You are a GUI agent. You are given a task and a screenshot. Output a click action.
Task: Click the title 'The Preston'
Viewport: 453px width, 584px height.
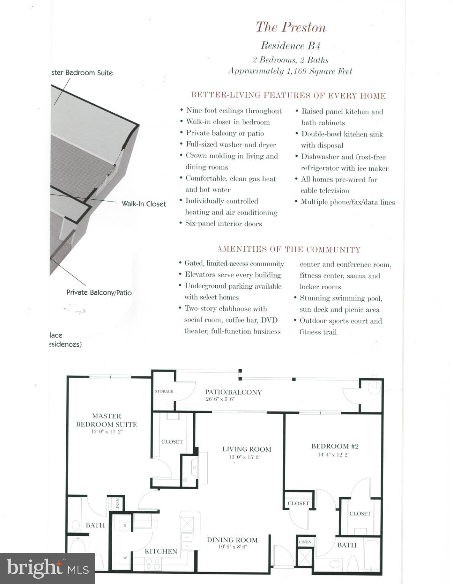tap(291, 27)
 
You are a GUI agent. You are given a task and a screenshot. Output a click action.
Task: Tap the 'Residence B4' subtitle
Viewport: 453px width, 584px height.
tap(291, 46)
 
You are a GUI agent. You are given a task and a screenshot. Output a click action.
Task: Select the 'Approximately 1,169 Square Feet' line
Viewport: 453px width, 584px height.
tap(290, 71)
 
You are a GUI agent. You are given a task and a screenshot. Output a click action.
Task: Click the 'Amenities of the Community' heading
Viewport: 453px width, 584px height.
tap(289, 249)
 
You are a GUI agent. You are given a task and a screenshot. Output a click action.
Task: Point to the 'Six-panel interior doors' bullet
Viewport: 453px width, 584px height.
tap(223, 224)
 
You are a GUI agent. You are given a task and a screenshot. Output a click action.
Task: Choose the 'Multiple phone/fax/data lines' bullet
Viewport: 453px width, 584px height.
tap(348, 202)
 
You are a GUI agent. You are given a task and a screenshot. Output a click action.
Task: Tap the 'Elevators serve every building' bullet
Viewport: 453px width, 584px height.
tap(233, 275)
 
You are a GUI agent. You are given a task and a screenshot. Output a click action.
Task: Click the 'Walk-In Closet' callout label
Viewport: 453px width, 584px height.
tap(143, 204)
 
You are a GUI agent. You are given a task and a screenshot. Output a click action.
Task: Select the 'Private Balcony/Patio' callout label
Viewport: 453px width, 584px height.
tap(99, 292)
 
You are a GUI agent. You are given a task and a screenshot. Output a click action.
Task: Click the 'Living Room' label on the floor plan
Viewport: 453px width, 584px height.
tap(246, 449)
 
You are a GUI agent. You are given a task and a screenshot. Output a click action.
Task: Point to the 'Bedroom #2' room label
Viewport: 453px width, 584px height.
tap(335, 446)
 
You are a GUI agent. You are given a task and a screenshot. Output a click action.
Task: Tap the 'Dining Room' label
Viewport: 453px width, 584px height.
tap(232, 540)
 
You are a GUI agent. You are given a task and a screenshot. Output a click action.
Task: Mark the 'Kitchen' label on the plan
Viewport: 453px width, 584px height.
tap(161, 551)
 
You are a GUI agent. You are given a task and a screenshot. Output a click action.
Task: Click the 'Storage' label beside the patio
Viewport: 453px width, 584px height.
tap(164, 391)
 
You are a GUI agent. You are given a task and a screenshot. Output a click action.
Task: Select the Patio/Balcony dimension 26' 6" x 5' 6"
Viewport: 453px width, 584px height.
tap(220, 399)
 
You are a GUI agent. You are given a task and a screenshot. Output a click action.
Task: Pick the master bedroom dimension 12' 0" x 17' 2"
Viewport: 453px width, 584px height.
tap(106, 432)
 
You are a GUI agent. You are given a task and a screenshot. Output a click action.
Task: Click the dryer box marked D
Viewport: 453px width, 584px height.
tap(125, 526)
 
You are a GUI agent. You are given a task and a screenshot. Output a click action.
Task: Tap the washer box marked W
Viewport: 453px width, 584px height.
tap(125, 558)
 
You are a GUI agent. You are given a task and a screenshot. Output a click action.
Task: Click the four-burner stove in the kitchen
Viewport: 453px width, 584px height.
tap(153, 561)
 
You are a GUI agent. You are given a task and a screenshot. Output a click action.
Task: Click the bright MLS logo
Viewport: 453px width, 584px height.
tap(48, 568)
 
